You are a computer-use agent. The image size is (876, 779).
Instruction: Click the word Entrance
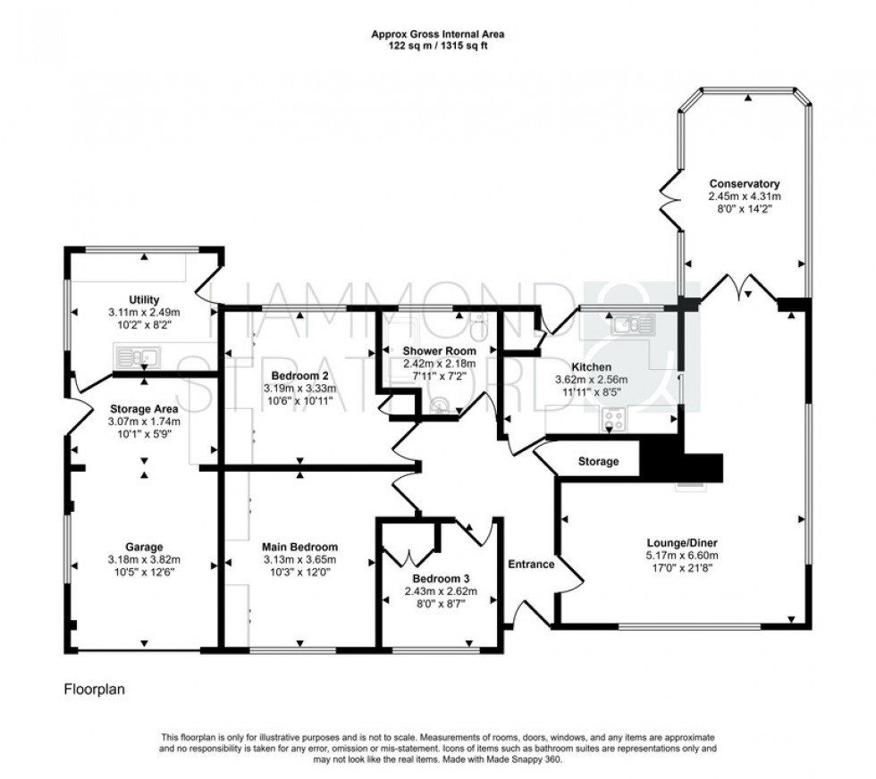point(532,565)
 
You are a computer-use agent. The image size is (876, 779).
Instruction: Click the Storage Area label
point(143,409)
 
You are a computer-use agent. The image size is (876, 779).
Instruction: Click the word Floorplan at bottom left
point(94,690)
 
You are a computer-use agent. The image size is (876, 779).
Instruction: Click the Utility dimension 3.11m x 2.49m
point(143,313)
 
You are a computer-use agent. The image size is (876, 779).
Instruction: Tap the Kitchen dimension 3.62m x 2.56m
point(592,380)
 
